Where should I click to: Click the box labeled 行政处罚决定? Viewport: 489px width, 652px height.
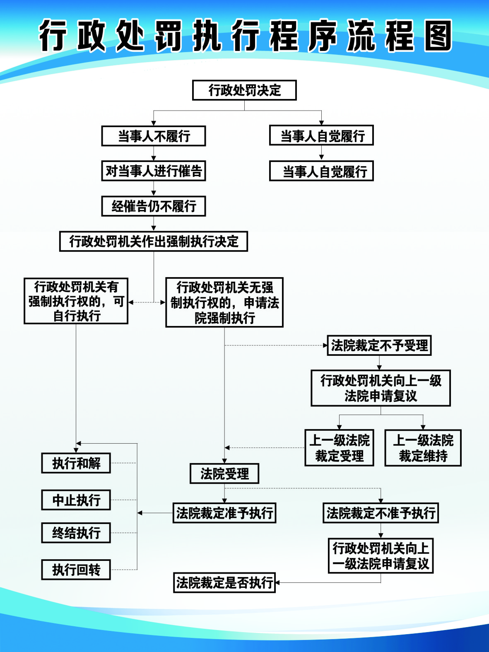tap(244, 90)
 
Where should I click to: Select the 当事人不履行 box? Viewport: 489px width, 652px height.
tap(154, 136)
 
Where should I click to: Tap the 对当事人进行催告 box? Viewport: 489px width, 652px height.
tap(154, 171)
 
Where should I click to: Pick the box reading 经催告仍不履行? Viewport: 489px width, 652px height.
tap(154, 206)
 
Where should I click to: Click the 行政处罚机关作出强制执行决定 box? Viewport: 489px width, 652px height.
tap(154, 241)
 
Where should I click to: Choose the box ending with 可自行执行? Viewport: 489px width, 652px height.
tap(76, 301)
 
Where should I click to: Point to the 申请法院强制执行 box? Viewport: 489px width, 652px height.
tap(224, 302)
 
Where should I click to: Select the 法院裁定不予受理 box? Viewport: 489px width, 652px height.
tap(379, 345)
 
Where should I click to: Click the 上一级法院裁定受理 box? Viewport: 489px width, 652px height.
tap(340, 448)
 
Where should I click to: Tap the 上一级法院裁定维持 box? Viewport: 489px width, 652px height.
tap(423, 448)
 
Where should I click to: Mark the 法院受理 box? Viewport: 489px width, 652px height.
tap(224, 473)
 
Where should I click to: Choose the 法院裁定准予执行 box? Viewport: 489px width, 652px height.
tap(224, 513)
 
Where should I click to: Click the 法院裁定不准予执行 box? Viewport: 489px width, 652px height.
tap(381, 513)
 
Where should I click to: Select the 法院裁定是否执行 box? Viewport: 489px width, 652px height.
tap(224, 583)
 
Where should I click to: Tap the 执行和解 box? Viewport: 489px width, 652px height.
tap(76, 463)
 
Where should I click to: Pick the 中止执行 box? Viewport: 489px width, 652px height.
tap(76, 500)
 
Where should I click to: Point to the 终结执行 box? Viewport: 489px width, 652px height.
tap(76, 533)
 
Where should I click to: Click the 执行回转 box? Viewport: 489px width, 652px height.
tap(76, 570)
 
